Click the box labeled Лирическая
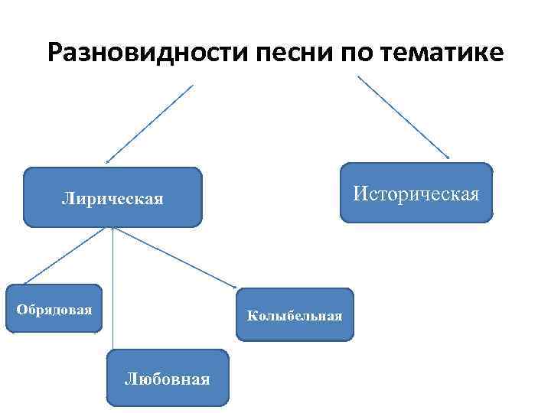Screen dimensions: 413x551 (112, 197)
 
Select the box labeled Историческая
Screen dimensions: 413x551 (416, 193)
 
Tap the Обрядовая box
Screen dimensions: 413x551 (54, 308)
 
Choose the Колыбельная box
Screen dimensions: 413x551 (295, 314)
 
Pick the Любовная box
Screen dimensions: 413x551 (168, 377)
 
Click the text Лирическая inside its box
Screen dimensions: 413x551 (112, 200)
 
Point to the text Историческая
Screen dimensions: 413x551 (416, 193)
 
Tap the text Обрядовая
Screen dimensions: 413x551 (54, 310)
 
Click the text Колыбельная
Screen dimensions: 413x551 (295, 316)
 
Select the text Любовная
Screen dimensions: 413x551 (168, 379)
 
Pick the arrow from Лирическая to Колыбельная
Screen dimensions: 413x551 (174, 257)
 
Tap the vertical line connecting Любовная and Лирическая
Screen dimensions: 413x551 (113, 291)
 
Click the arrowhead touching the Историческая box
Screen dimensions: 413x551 (447, 157)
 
